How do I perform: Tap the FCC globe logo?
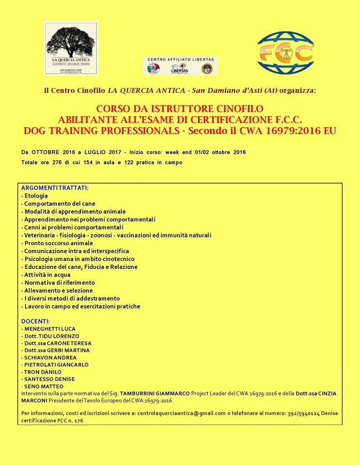tap(285, 53)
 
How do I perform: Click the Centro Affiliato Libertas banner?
tap(180, 65)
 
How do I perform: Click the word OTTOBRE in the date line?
tap(53, 152)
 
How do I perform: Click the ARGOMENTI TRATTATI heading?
tap(55, 187)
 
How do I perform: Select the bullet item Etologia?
tap(35, 196)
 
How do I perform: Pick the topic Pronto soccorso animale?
tap(57, 243)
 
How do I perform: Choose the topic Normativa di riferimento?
tap(58, 282)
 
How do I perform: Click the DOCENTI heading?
tap(35, 321)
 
